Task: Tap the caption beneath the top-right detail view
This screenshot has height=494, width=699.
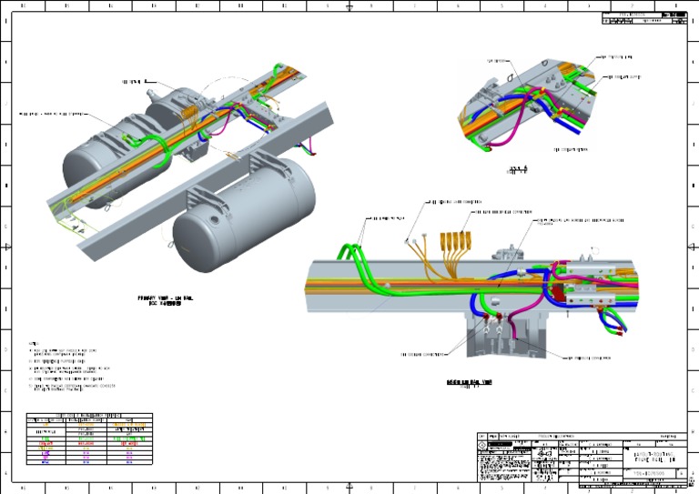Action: click(x=517, y=171)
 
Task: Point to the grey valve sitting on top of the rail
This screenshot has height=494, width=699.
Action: click(x=504, y=258)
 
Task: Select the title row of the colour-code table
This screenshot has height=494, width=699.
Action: click(x=89, y=416)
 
